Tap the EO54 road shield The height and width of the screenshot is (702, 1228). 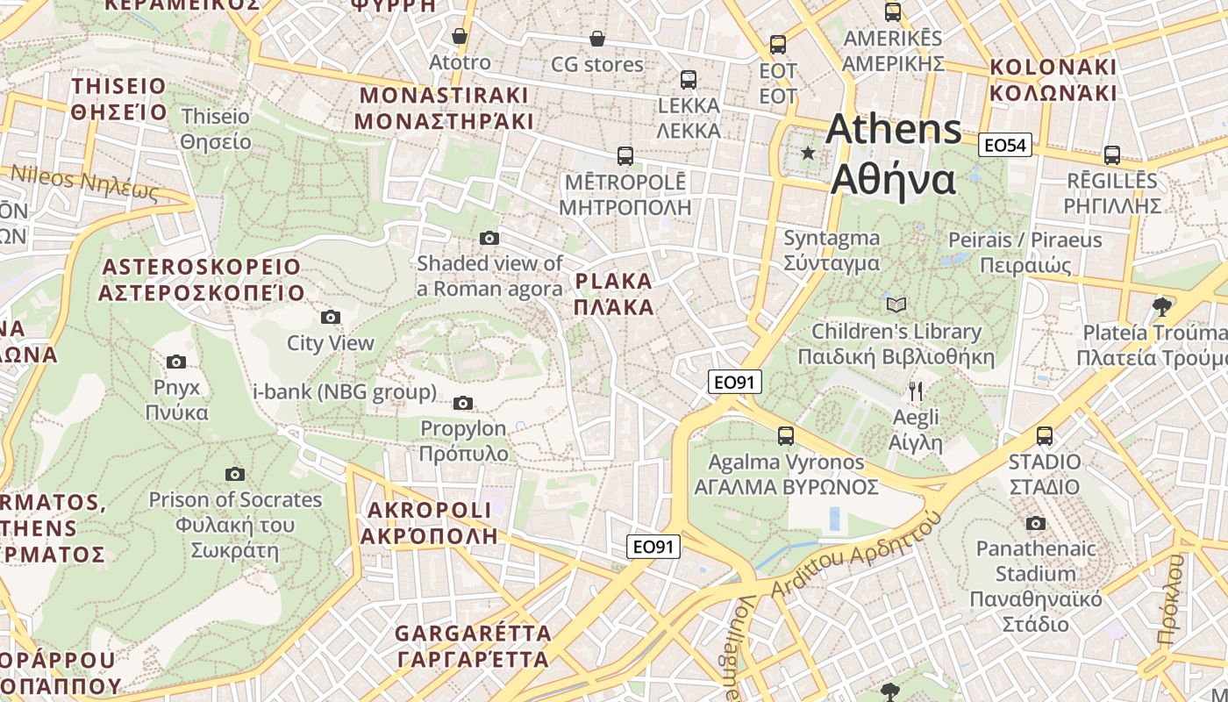click(1004, 146)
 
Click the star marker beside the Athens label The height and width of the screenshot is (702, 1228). click(808, 154)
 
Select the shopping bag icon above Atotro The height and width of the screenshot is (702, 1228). click(459, 36)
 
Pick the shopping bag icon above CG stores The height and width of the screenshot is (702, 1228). click(597, 39)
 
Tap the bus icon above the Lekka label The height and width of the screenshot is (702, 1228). click(689, 80)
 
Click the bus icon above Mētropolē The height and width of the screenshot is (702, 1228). click(625, 156)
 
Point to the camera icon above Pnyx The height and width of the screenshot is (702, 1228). click(176, 362)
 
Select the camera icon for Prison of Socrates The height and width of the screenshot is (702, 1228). click(235, 474)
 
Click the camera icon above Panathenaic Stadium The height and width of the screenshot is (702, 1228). click(1036, 523)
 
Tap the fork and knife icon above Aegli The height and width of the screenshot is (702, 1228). click(916, 390)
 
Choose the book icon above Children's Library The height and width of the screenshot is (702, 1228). click(896, 304)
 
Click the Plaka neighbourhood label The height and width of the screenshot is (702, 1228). click(614, 294)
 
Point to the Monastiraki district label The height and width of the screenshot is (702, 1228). click(445, 108)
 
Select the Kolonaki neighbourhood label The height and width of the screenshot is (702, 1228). click(1053, 80)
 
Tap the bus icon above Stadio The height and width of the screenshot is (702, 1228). click(1044, 435)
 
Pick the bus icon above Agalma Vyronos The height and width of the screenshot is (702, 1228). click(786, 435)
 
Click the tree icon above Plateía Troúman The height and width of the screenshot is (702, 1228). click(1162, 306)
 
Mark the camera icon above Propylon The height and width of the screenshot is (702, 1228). click(463, 403)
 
